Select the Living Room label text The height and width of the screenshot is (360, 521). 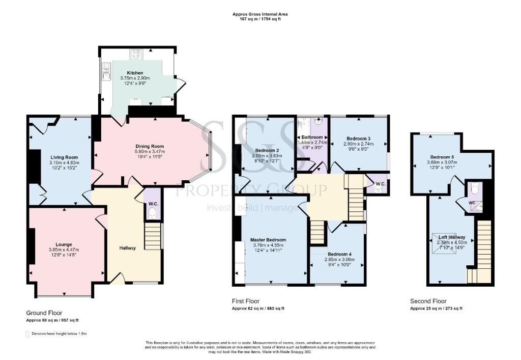[x=63, y=157]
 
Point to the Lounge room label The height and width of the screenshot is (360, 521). [x=64, y=244]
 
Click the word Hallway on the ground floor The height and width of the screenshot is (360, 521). [x=128, y=248]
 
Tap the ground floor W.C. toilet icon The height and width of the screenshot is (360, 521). [x=152, y=214]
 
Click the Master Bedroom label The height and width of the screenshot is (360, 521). [x=268, y=240]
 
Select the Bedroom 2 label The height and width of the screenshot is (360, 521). [x=267, y=150]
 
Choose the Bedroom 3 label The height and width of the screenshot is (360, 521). [x=358, y=138]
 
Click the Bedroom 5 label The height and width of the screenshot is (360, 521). [x=442, y=156]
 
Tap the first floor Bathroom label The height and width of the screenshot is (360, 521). [x=311, y=137]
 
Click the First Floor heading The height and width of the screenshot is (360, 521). [x=246, y=301]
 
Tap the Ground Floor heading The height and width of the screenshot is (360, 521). [x=44, y=312]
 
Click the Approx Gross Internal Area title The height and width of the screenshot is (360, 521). [x=260, y=14]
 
